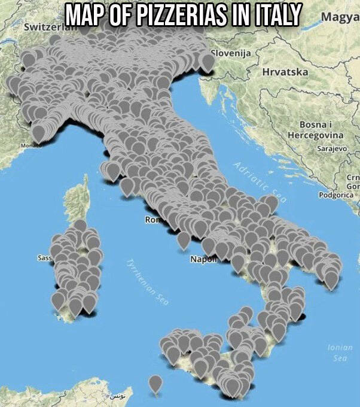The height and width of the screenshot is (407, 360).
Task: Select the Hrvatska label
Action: coord(285,71)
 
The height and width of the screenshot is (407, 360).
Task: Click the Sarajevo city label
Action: coord(331,147)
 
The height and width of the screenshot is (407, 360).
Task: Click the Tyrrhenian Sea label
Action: coord(145,281)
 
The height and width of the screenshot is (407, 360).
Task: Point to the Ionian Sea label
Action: coord(340,352)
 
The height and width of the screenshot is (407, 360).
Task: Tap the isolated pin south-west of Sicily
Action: coord(155,383)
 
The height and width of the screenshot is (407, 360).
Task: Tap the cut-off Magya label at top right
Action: coord(340,16)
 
